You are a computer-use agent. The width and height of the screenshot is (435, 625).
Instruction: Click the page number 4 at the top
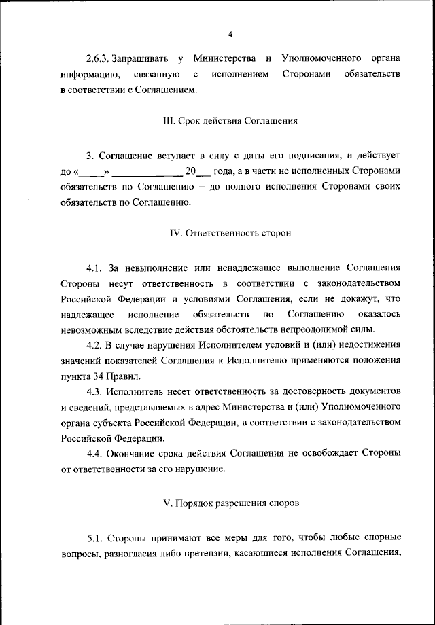tap(230, 35)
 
